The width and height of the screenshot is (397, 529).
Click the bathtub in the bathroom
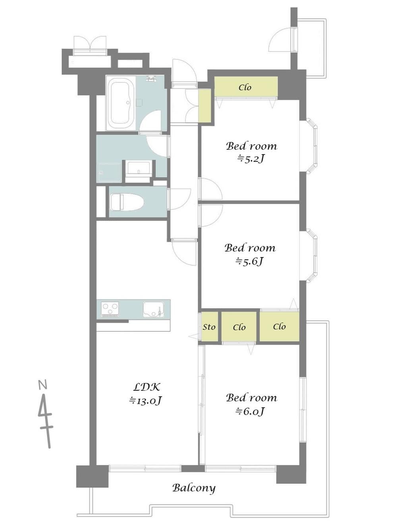pyautogui.click(x=120, y=103)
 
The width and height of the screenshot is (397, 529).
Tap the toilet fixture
pyautogui.click(x=127, y=202)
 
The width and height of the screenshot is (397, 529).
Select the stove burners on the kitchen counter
pyautogui.click(x=110, y=309)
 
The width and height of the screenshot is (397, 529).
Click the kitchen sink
pyautogui.click(x=154, y=309)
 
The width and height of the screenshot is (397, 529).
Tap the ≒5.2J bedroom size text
pyautogui.click(x=251, y=159)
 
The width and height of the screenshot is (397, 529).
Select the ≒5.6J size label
pyautogui.click(x=250, y=261)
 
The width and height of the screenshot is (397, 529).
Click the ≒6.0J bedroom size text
pyautogui.click(x=251, y=411)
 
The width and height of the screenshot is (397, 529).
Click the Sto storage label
pyautogui.click(x=209, y=327)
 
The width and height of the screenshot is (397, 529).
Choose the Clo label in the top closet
pyautogui.click(x=245, y=87)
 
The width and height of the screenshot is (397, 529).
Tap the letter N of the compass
pyautogui.click(x=42, y=385)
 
